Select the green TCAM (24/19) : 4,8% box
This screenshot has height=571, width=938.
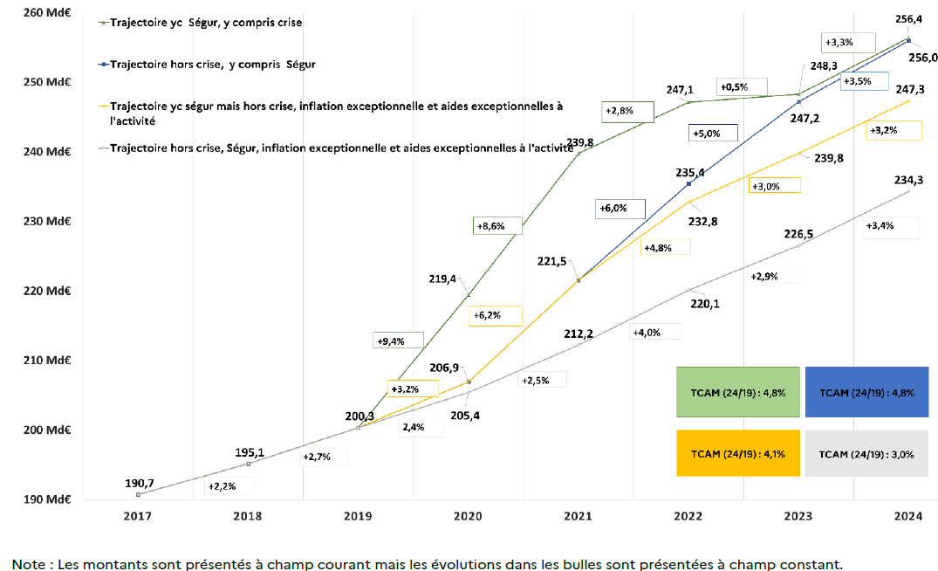pyautogui.click(x=738, y=392)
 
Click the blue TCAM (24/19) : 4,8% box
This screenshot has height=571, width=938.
pyautogui.click(x=867, y=392)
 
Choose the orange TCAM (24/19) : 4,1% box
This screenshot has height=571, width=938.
pyautogui.click(x=738, y=453)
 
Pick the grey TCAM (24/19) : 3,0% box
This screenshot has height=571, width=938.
pyautogui.click(x=867, y=453)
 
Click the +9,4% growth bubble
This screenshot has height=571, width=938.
pyautogui.click(x=397, y=341)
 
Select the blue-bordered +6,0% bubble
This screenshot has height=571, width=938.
pyautogui.click(x=620, y=209)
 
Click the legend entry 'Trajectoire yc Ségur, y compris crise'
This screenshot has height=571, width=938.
pyautogui.click(x=206, y=22)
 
